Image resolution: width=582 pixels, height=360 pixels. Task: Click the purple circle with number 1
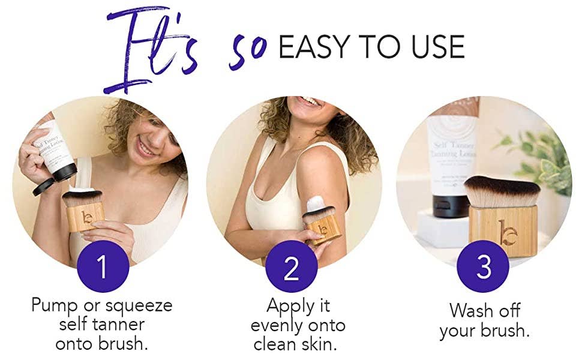[103, 266]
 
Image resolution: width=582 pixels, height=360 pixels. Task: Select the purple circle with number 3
[484, 266]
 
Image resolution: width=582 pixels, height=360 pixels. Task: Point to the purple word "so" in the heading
[246, 50]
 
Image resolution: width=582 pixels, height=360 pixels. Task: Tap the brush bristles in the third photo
[502, 191]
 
